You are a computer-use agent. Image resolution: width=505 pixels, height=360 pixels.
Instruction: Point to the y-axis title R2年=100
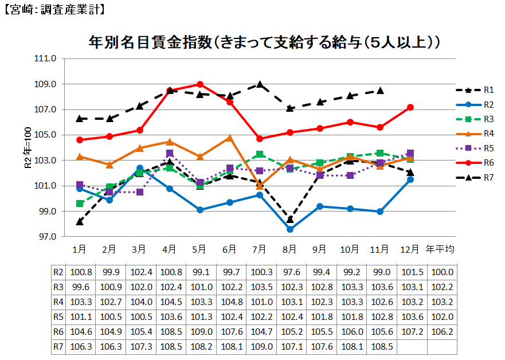27,148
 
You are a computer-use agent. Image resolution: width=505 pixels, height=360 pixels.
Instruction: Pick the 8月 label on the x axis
289,249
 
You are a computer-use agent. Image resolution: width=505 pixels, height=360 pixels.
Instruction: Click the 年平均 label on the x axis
440,249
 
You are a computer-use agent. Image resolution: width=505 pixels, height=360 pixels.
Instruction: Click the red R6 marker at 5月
199,84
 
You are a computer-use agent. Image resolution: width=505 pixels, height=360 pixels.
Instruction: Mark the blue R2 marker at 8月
290,229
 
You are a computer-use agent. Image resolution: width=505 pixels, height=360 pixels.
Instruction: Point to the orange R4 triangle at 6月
229,138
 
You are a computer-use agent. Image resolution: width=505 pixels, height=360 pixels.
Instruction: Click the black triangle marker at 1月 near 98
80,221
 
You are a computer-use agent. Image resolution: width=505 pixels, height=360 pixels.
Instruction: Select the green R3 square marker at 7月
260,154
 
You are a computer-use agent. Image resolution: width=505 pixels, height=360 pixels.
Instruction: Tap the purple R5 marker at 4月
170,153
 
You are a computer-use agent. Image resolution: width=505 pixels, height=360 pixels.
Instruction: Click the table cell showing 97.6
289,272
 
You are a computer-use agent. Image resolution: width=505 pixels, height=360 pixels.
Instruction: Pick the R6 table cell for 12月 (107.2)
410,332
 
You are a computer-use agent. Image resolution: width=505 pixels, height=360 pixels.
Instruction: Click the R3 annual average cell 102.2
440,287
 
